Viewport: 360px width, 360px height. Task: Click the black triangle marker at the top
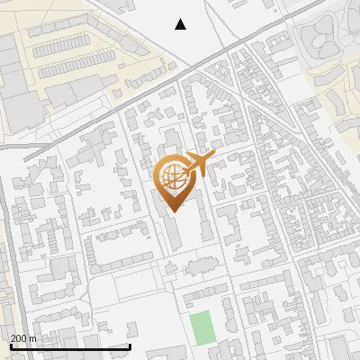pyautogui.click(x=181, y=24)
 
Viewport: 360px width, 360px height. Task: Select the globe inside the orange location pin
pyautogui.click(x=171, y=175)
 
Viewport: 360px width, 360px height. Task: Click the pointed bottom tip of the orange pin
pyautogui.click(x=171, y=211)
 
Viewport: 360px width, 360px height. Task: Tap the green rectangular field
pyautogui.click(x=202, y=326)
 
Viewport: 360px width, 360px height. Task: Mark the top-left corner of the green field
pyautogui.click(x=191, y=312)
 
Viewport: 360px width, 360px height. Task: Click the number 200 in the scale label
pyautogui.click(x=19, y=338)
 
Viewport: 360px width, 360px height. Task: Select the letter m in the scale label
pyautogui.click(x=32, y=338)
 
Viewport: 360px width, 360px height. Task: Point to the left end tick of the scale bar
pyautogui.click(x=10, y=346)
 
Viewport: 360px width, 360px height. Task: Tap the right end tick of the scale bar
pyautogui.click(x=130, y=346)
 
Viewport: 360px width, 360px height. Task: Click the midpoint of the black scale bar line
pyautogui.click(x=70, y=347)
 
